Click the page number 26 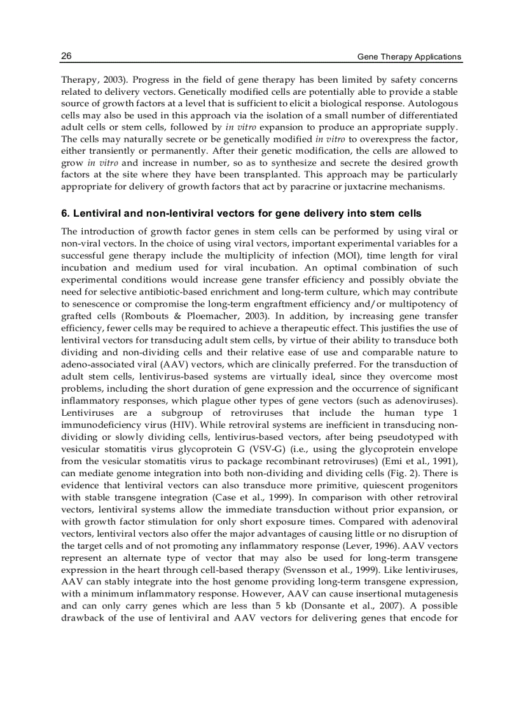[x=66, y=56]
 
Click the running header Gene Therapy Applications [x=409, y=57]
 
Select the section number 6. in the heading [x=65, y=213]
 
